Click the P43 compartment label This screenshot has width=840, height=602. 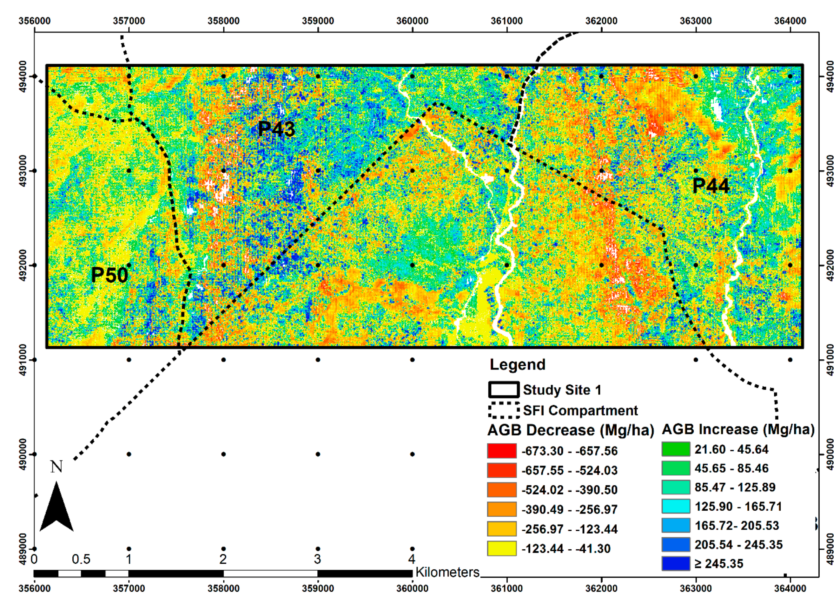[276, 129]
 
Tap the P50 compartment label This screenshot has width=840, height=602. [109, 275]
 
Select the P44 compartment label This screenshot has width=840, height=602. [711, 186]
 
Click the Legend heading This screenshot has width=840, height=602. [517, 365]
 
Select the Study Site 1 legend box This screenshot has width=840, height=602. [503, 390]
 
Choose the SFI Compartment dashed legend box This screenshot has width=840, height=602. [503, 410]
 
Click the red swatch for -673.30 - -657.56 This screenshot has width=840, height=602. [501, 451]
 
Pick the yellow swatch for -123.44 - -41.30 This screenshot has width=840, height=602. [501, 548]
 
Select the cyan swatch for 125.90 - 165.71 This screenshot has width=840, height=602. [676, 506]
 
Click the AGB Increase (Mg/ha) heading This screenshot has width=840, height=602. [738, 429]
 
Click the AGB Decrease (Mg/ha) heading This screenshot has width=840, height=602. [570, 430]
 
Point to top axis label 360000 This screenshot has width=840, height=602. [412, 21]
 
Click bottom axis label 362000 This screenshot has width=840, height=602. [601, 589]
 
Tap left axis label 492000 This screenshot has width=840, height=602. [23, 265]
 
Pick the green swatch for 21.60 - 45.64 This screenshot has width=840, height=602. [676, 449]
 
